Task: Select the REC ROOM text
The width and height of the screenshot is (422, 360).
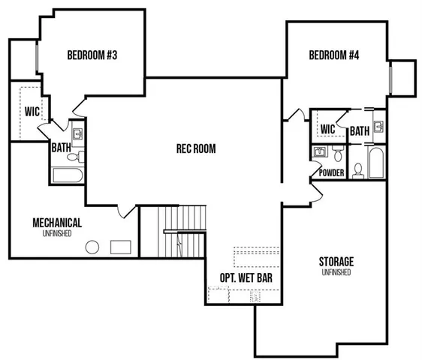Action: click(x=195, y=148)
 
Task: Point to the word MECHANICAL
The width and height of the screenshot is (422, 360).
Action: click(x=57, y=223)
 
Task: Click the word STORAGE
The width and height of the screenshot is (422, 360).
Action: click(x=336, y=261)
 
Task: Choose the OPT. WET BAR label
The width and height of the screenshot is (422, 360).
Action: click(x=246, y=277)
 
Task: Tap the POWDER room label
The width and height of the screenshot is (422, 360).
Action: click(x=331, y=172)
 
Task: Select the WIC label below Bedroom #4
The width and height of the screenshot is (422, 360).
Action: click(x=327, y=130)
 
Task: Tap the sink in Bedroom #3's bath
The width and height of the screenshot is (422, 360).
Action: click(x=78, y=136)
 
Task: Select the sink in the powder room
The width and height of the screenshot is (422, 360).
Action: click(x=320, y=153)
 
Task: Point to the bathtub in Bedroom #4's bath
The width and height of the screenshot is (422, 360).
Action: click(x=375, y=163)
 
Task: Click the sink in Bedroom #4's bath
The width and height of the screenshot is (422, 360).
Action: click(x=379, y=125)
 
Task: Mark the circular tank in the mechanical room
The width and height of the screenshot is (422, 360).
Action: click(x=93, y=247)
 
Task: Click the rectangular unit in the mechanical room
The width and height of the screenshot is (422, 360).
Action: click(x=120, y=247)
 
